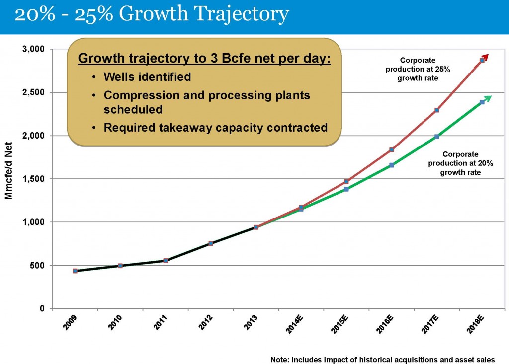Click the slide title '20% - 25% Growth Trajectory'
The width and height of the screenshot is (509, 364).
pos(152,15)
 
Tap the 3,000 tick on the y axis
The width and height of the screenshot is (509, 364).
pos(33,49)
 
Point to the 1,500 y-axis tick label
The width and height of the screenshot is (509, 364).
pos(33,179)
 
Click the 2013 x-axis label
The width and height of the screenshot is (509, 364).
pos(252,328)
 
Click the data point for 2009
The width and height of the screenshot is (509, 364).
pos(75,271)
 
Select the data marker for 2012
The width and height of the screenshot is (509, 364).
pos(211,243)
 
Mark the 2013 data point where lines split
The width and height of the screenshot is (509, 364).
pos(256,227)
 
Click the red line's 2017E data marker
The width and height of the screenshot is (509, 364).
pos(437,110)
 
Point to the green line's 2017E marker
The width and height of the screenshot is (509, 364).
pos(437,136)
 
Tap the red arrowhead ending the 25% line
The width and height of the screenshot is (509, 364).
pos(486,57)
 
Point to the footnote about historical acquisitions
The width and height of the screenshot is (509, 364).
pos(383,359)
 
